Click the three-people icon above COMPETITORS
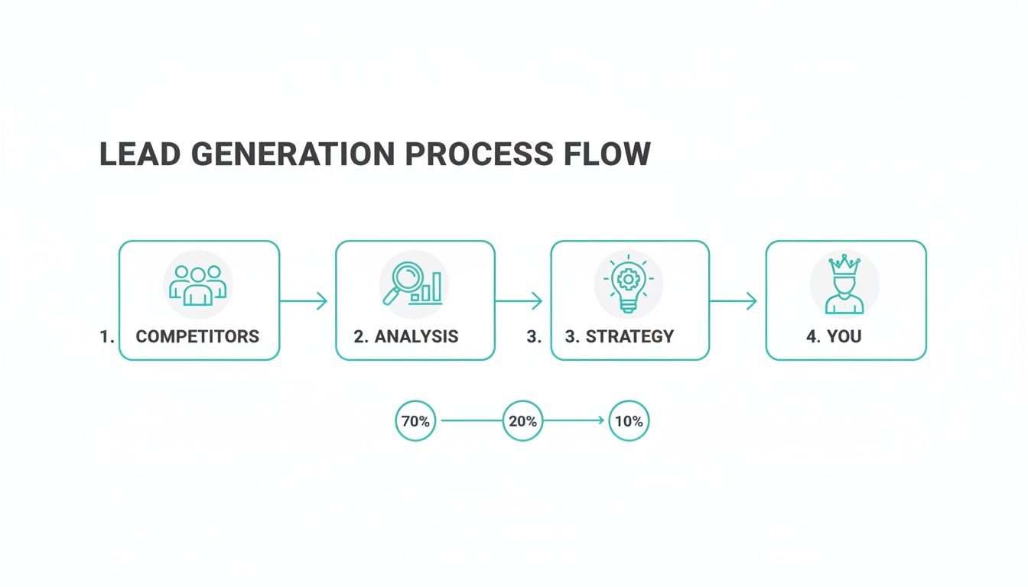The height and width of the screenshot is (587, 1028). click(x=198, y=284)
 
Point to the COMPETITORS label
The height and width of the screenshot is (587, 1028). click(x=197, y=336)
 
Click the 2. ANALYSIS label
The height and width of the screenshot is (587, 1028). click(x=406, y=336)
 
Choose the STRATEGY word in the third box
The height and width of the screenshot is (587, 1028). click(x=629, y=336)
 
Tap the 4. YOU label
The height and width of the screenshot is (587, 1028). click(x=834, y=336)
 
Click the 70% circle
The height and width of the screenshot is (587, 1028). click(x=415, y=420)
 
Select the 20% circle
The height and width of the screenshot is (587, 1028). click(x=522, y=420)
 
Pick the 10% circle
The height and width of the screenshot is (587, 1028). click(x=629, y=420)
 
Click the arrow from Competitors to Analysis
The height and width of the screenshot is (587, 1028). click(x=304, y=301)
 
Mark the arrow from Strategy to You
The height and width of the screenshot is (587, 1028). click(x=734, y=301)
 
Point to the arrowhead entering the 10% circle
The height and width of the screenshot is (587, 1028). click(x=600, y=420)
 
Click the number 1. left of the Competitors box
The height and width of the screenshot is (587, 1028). click(x=106, y=336)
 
